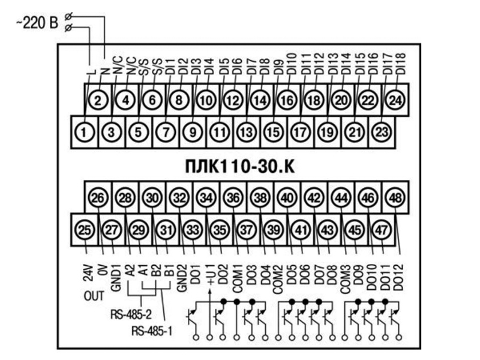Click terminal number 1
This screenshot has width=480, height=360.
pyautogui.click(x=84, y=132)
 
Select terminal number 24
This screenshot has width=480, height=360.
pyautogui.click(x=395, y=100)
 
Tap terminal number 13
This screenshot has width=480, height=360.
pyautogui.click(x=247, y=132)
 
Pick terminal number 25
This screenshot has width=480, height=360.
pyautogui.click(x=85, y=230)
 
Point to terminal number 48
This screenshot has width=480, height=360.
pyautogui.click(x=395, y=197)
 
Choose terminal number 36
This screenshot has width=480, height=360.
pyautogui.click(x=233, y=197)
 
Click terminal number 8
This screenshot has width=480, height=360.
pyautogui.click(x=179, y=100)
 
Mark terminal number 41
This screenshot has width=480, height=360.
pyautogui.click(x=301, y=230)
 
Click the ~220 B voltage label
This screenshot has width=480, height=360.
pyautogui.click(x=37, y=23)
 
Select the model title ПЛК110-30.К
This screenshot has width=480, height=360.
pyautogui.click(x=240, y=167)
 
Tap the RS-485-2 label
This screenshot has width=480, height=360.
pyautogui.click(x=131, y=314)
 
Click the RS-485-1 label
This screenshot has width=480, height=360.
pyautogui.click(x=152, y=331)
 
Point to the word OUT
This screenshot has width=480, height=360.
pyautogui.click(x=94, y=296)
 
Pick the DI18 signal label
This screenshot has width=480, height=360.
pyautogui.click(x=401, y=64)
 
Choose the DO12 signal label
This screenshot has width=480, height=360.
pyautogui.click(x=398, y=277)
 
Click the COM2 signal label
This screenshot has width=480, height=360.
pyautogui.click(x=277, y=279)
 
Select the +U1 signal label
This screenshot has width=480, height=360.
pyautogui.click(x=211, y=275)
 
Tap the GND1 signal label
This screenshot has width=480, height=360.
pyautogui.click(x=116, y=277)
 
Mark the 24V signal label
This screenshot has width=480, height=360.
pyautogui.click(x=88, y=272)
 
